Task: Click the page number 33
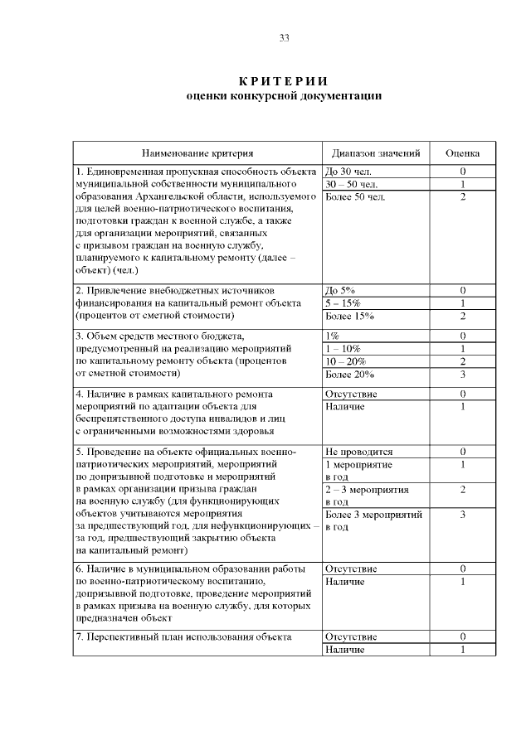284,38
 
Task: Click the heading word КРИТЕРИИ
284,81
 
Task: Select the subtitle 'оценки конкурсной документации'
284,96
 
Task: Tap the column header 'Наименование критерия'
197,153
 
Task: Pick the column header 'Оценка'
462,153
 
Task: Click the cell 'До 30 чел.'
348,172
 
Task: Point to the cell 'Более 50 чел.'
355,196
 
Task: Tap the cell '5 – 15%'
343,303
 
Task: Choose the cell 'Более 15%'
349,316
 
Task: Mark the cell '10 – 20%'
346,362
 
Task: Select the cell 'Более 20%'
349,375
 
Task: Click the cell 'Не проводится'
358,452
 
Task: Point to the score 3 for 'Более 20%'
462,375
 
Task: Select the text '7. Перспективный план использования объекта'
183,636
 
